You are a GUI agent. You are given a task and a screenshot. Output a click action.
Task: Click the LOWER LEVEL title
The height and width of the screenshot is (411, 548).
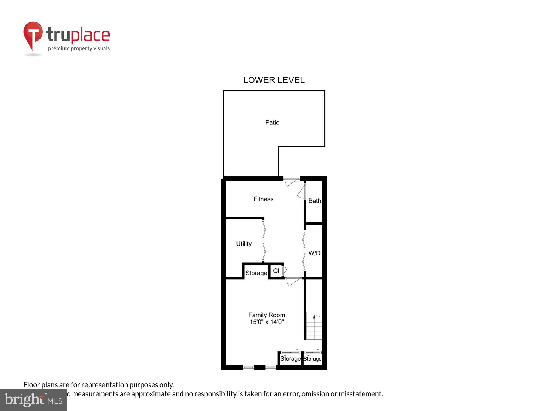pyautogui.click(x=274, y=80)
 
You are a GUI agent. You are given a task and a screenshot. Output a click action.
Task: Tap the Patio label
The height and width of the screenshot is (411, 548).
pyautogui.click(x=272, y=122)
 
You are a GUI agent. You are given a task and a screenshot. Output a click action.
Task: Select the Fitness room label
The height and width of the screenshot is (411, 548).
pyautogui.click(x=263, y=199)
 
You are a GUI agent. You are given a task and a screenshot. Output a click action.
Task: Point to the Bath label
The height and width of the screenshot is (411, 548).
pyautogui.click(x=315, y=201)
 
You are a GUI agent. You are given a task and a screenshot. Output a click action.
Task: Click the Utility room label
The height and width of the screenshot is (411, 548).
pyautogui.click(x=244, y=244)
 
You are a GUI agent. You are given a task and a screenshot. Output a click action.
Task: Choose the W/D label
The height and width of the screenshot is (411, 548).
pyautogui.click(x=314, y=253)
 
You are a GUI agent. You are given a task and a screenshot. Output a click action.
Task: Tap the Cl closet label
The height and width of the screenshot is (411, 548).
pyautogui.click(x=276, y=271)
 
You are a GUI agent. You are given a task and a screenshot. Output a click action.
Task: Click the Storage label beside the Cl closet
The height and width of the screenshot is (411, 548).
pyautogui.click(x=256, y=273)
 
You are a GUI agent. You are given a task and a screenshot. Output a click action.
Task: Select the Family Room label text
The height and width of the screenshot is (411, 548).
pyautogui.click(x=267, y=315)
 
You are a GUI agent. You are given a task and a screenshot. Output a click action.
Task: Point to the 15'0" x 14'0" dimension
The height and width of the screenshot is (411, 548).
pyautogui.click(x=267, y=322)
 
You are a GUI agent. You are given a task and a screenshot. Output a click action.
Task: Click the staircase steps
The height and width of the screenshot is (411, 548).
pyautogui.click(x=314, y=330)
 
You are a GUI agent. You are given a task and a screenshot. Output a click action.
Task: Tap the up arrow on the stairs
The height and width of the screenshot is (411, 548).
pyautogui.click(x=314, y=317)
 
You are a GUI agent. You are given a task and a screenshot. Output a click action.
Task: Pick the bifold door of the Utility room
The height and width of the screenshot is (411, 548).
pyautogui.click(x=264, y=241)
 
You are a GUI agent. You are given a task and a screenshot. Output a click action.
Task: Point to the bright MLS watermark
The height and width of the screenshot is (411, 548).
pyautogui.click(x=33, y=400)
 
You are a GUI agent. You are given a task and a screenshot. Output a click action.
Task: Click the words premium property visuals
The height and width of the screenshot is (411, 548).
pyautogui.click(x=79, y=49)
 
